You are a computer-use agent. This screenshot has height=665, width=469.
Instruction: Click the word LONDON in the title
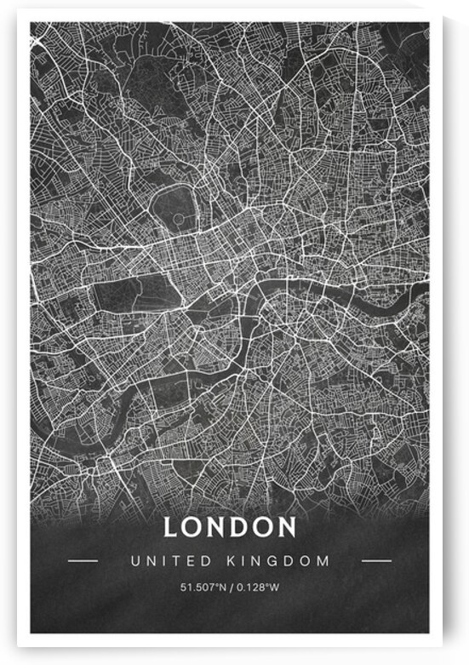(x=230, y=527)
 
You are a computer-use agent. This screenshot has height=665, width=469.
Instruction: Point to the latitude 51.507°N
(x=202, y=588)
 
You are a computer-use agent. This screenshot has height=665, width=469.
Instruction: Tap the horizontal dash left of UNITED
(x=83, y=561)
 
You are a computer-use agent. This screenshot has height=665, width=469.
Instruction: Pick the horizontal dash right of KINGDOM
(x=376, y=561)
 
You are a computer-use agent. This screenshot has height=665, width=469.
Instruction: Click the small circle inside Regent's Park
(x=177, y=219)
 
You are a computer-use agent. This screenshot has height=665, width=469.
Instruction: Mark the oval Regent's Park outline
(x=175, y=208)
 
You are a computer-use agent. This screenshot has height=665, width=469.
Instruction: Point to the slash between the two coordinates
(x=231, y=588)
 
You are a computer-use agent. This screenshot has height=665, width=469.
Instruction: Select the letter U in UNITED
(x=134, y=561)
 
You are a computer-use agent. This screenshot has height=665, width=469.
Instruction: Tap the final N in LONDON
(x=286, y=527)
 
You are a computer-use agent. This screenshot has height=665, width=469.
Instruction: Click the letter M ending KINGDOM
(x=324, y=561)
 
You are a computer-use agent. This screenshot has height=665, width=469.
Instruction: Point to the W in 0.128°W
(x=277, y=588)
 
